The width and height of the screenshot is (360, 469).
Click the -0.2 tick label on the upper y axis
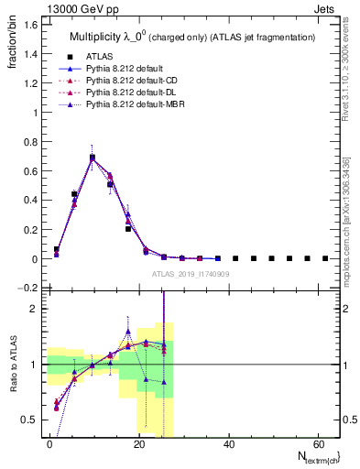pos(27,289)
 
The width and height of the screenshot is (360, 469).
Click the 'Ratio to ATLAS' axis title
pos(12,365)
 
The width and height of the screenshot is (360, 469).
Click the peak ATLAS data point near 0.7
pos(93,158)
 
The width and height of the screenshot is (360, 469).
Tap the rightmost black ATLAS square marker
pos(325,258)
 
